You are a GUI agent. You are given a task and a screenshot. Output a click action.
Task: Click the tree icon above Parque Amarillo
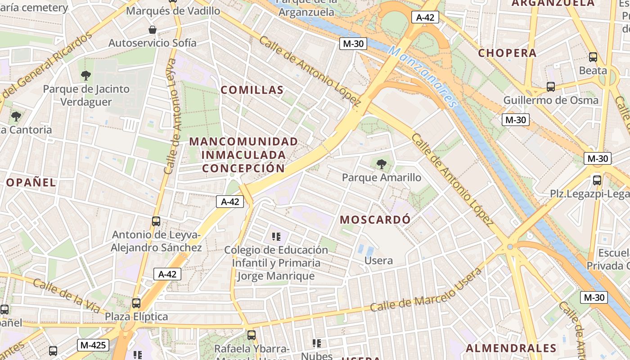(382, 164)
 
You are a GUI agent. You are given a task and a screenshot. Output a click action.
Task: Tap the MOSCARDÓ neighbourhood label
(375, 220)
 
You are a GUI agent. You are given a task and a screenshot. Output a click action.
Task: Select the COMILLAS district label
(252, 90)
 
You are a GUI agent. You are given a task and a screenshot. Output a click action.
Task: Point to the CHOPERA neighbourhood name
(507, 53)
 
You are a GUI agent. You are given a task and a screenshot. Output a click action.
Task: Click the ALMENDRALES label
(511, 348)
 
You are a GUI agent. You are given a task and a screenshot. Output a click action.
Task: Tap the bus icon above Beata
(593, 57)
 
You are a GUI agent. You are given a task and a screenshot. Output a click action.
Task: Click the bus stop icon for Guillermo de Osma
(551, 87)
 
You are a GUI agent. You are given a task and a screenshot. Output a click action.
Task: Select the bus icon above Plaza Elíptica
(136, 303)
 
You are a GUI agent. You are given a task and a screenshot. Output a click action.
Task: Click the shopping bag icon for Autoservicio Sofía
(153, 30)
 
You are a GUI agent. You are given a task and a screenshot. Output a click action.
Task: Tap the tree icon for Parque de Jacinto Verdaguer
(86, 76)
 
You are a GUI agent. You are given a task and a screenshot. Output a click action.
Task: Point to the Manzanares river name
(423, 76)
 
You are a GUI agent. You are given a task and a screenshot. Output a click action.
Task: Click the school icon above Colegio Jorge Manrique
(276, 236)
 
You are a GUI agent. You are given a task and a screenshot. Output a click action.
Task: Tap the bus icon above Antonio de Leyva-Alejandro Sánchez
(156, 221)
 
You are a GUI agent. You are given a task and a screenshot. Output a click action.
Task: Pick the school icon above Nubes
(317, 343)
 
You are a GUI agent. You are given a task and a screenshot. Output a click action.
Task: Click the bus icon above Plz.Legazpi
(597, 180)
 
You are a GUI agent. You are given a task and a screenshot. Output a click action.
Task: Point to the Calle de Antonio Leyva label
(170, 116)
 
